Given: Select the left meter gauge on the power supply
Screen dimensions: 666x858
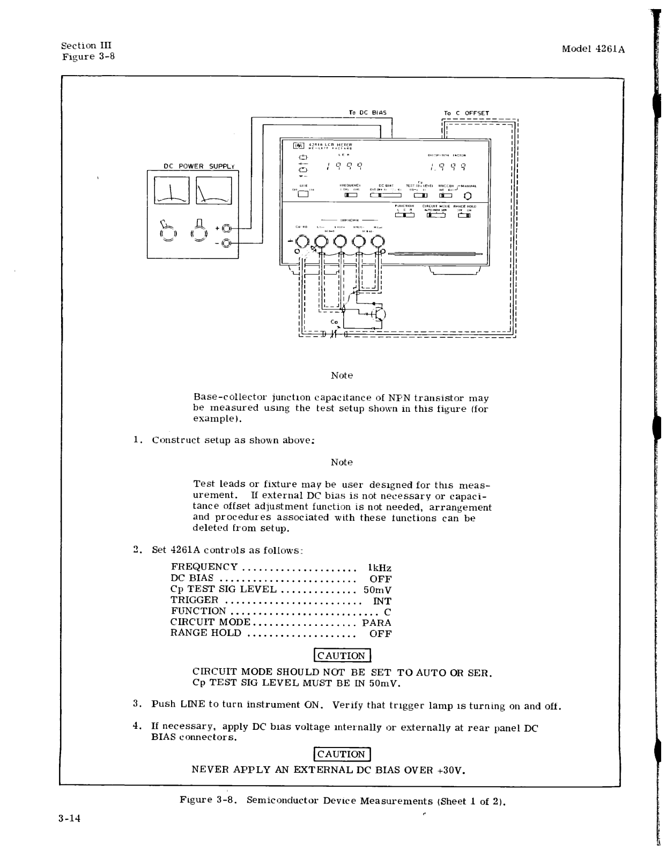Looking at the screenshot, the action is [x=171, y=190].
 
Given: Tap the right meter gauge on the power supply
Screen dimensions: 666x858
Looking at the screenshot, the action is [x=214, y=190].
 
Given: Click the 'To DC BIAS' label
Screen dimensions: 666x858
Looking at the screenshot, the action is [x=367, y=113].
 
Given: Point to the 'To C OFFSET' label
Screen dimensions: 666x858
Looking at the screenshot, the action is [x=466, y=113].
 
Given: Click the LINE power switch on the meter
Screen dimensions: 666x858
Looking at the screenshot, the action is [x=304, y=195].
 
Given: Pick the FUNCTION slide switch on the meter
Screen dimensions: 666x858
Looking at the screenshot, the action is [x=404, y=215].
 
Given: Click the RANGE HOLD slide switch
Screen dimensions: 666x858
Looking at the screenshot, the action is [x=464, y=215].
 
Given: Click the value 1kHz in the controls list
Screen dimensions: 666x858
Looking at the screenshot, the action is [x=380, y=567].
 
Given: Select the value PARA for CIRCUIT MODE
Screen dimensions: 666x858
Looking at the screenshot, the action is [x=376, y=623].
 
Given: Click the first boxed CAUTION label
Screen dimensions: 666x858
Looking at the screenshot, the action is [x=342, y=655].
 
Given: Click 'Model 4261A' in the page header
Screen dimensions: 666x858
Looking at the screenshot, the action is [x=594, y=49].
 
